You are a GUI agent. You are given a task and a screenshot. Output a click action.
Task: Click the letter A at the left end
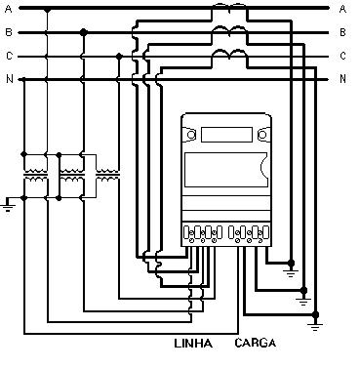(x=9, y=9)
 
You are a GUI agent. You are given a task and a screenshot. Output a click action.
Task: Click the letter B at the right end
(x=342, y=32)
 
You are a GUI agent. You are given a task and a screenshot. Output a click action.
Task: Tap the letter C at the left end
(x=9, y=56)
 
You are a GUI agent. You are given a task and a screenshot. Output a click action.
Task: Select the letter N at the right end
(x=342, y=79)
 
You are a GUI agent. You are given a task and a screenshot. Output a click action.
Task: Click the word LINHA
(x=193, y=344)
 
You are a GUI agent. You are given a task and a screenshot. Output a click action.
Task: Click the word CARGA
(x=256, y=343)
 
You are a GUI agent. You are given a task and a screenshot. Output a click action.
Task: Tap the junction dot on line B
(x=84, y=32)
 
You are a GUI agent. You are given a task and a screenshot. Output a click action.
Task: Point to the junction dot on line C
(x=119, y=57)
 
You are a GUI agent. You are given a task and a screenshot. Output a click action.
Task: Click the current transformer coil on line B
(x=229, y=31)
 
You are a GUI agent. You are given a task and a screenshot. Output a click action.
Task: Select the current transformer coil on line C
(x=229, y=55)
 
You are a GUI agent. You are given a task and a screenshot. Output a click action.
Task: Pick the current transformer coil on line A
(x=229, y=6)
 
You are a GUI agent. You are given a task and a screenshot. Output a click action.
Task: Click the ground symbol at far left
(x=8, y=205)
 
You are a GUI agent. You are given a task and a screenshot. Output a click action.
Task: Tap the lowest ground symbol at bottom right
(x=315, y=326)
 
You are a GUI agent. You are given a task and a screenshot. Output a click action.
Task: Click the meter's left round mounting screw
(x=191, y=135)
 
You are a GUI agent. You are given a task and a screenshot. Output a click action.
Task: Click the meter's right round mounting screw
(x=262, y=135)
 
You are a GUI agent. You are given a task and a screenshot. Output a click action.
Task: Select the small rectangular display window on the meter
(x=226, y=135)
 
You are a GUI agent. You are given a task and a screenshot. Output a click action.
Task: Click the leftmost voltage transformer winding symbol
(x=36, y=175)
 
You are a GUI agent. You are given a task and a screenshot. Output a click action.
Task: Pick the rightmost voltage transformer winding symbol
(x=107, y=175)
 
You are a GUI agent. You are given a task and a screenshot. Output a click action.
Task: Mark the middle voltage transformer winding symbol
(x=72, y=175)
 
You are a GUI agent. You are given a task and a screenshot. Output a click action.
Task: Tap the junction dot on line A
(x=48, y=10)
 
